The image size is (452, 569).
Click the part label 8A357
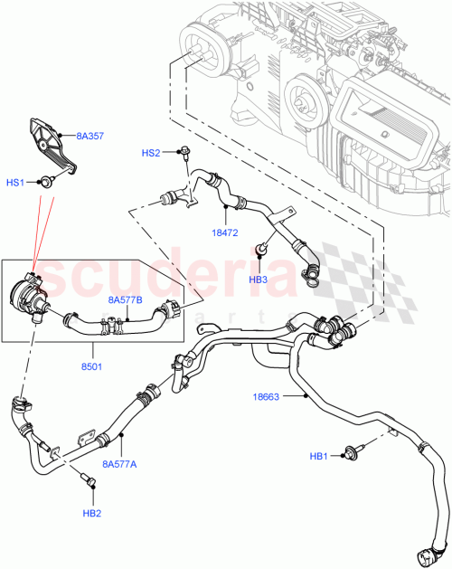tap(89, 137)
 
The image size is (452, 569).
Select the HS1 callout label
tap(15, 183)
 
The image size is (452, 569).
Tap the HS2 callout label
tap(151, 154)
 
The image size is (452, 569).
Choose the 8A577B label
tap(127, 299)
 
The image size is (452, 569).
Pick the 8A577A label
tap(119, 464)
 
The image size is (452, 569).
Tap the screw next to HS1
tap(44, 183)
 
